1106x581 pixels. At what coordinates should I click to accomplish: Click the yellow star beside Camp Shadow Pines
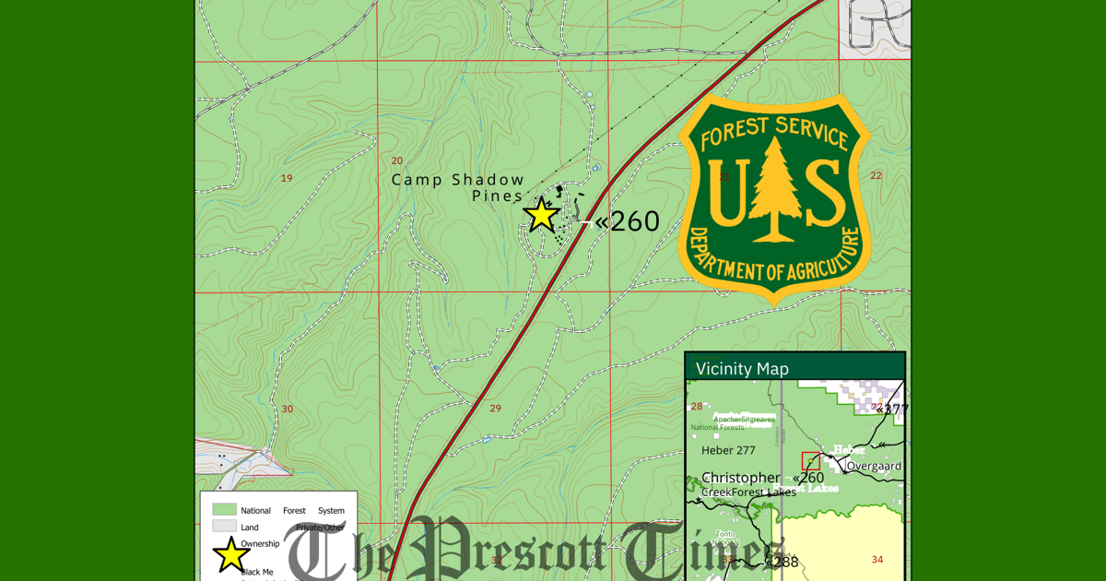pos(542,214)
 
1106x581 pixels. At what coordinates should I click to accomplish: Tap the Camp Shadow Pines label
pos(458,187)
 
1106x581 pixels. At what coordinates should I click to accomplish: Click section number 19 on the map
pos(287,178)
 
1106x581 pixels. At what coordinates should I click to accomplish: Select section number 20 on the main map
pos(397,161)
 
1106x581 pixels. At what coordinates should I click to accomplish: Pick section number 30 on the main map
pos(287,409)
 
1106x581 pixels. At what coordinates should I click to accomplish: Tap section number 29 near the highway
pos(495,408)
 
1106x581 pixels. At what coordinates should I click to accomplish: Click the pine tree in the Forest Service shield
pos(774,190)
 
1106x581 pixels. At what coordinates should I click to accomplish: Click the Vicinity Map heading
pos(742,369)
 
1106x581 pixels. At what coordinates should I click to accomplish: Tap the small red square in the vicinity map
pos(811,460)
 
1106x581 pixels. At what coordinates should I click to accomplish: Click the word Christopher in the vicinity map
pos(740,478)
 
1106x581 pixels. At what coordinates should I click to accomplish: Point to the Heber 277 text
pos(728,450)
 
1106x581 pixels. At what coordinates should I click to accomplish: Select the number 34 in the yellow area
pos(877,559)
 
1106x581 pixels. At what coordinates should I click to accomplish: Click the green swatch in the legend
pos(224,509)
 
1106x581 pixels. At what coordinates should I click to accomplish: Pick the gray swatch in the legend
pos(224,526)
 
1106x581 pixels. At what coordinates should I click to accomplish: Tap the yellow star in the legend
pos(230,555)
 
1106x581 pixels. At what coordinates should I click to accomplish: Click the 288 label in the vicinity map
pos(783,562)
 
